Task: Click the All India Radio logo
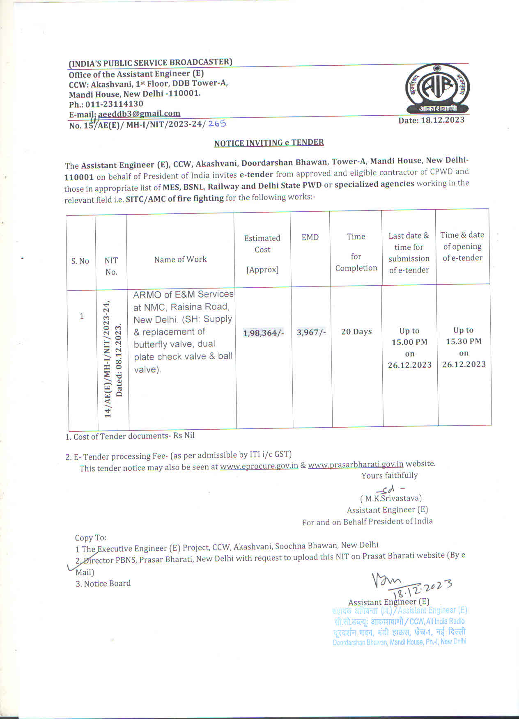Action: (x=437, y=88)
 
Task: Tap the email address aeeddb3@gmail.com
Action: (x=139, y=114)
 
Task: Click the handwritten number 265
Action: (x=217, y=123)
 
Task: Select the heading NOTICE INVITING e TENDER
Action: (x=269, y=143)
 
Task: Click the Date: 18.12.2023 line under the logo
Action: (x=431, y=120)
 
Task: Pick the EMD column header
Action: (x=310, y=237)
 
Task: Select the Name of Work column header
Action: (x=180, y=259)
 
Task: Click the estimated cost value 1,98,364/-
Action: (x=263, y=333)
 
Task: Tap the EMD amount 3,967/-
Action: (x=311, y=332)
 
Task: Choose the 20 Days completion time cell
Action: (x=356, y=332)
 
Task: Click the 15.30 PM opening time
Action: (x=464, y=341)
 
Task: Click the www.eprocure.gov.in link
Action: (x=259, y=466)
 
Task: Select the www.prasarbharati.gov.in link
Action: (x=356, y=464)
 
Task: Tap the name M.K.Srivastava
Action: (x=391, y=498)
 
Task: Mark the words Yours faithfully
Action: (x=389, y=475)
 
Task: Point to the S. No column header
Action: (x=80, y=261)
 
